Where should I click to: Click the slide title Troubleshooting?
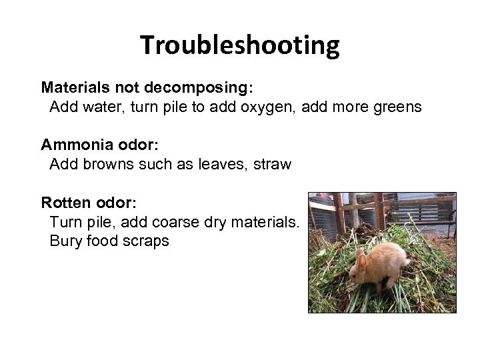tap(240, 46)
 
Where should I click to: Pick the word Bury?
tap(65, 241)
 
